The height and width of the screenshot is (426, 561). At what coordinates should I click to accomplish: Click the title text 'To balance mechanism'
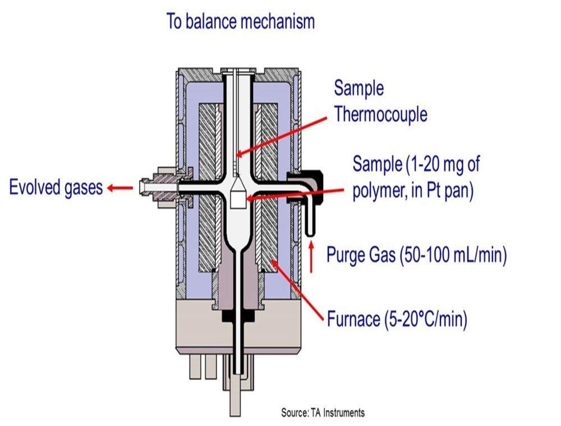click(241, 21)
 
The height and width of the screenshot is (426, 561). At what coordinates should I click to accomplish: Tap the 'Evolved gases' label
click(56, 187)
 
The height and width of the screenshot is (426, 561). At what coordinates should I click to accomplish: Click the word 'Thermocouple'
click(380, 114)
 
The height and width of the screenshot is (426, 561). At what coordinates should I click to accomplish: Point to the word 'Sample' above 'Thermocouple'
click(359, 89)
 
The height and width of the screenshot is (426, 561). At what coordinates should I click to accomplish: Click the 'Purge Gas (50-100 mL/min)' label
click(416, 255)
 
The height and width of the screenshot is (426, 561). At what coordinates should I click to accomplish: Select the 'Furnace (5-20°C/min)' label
click(397, 320)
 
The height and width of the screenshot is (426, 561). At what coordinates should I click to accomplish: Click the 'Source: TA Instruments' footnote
click(323, 413)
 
